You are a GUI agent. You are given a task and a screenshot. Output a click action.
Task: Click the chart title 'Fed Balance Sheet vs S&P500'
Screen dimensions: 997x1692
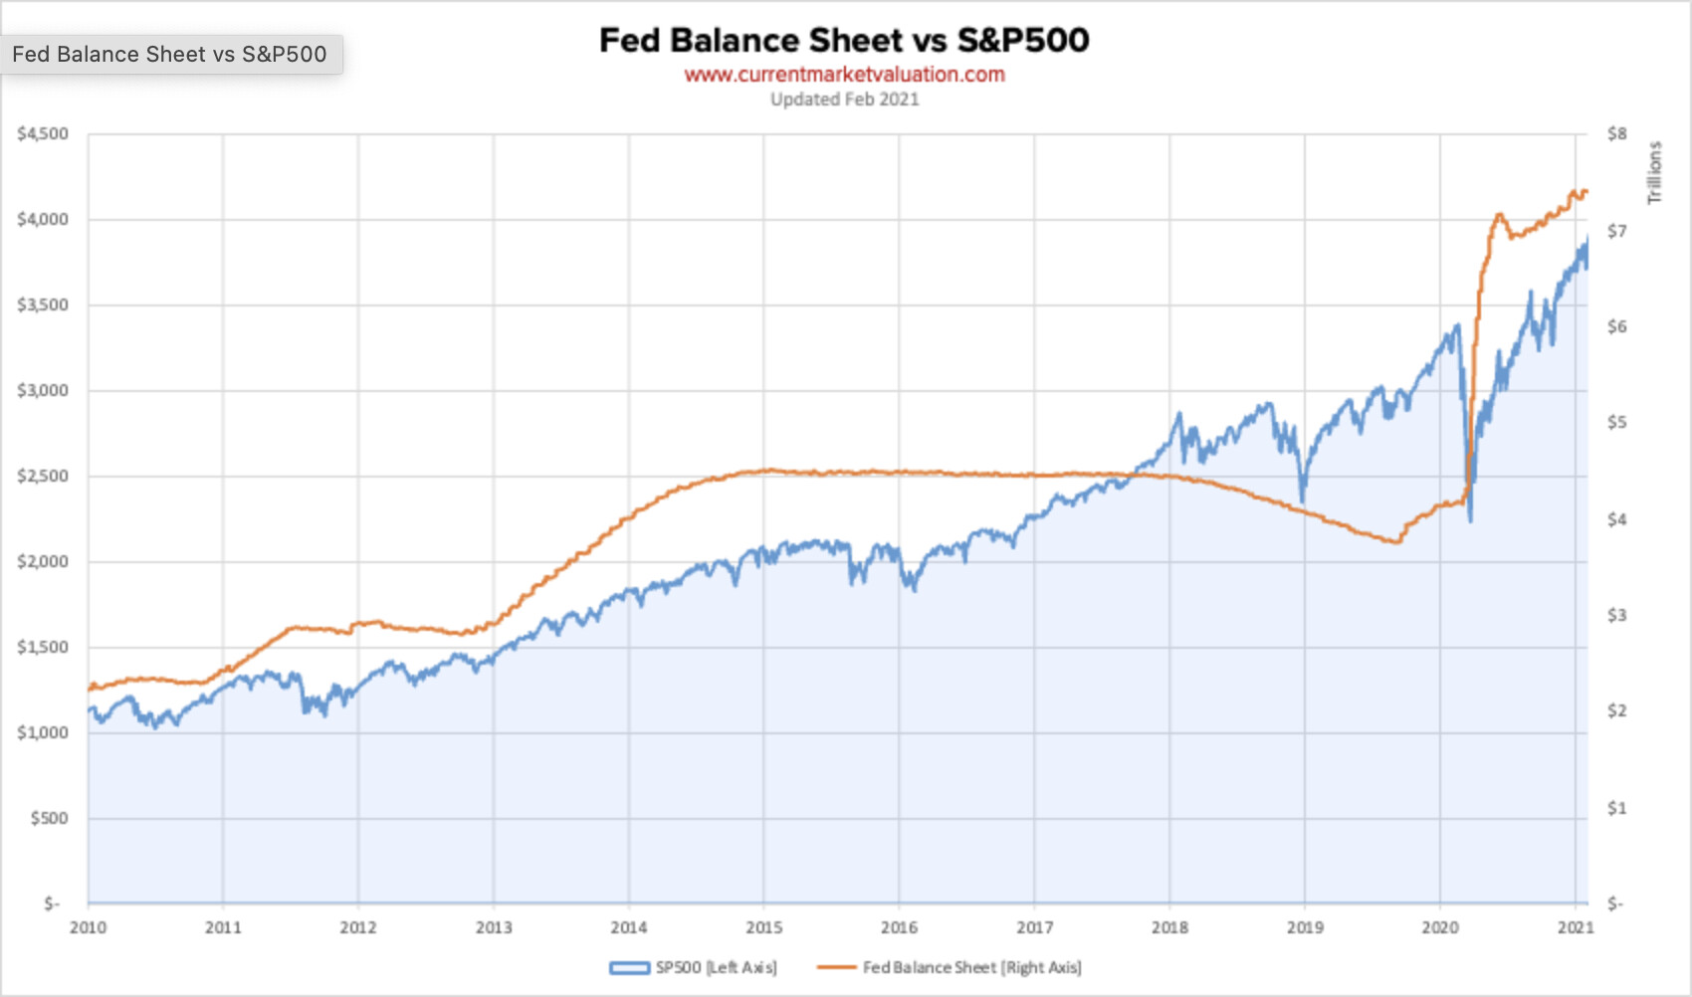point(844,40)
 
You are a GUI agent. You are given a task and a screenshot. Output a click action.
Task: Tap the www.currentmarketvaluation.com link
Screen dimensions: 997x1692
point(844,75)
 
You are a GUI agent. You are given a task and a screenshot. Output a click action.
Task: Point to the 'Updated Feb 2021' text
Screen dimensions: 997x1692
point(844,100)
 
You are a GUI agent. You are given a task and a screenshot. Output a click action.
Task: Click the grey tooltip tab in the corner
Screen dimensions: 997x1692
point(170,55)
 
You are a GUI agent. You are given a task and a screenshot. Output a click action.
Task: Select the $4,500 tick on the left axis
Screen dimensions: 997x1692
point(43,134)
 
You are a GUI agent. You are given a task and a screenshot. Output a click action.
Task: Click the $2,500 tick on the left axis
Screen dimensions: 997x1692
point(43,477)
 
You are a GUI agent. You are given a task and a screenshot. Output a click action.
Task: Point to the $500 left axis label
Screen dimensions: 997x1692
point(50,819)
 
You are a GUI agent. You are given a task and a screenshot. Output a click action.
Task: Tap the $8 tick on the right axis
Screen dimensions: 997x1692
point(1617,134)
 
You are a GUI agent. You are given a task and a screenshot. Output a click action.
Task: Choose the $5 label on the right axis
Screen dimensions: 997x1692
point(1617,423)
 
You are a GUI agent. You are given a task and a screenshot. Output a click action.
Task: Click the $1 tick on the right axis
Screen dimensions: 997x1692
point(1617,808)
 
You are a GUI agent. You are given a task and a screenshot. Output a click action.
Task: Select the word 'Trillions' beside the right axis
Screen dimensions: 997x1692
point(1655,173)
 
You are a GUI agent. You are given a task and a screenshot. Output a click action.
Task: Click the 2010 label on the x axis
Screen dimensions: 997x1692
point(88,928)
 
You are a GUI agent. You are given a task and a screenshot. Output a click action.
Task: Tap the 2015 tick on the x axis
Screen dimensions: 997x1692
point(764,928)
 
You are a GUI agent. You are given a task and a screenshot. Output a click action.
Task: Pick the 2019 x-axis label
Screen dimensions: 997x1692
point(1305,928)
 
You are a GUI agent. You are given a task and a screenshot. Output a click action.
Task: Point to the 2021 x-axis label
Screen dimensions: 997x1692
point(1576,928)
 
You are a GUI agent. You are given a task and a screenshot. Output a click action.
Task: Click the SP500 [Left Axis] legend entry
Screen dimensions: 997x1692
point(695,967)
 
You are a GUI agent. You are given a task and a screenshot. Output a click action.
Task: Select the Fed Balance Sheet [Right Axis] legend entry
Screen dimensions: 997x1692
point(951,967)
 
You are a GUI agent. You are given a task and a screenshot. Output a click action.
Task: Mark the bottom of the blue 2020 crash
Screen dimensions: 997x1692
point(1470,519)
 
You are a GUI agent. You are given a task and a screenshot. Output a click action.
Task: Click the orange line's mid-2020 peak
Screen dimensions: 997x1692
point(1498,214)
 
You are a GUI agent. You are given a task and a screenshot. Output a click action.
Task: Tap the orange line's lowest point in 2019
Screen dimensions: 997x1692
point(1396,542)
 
